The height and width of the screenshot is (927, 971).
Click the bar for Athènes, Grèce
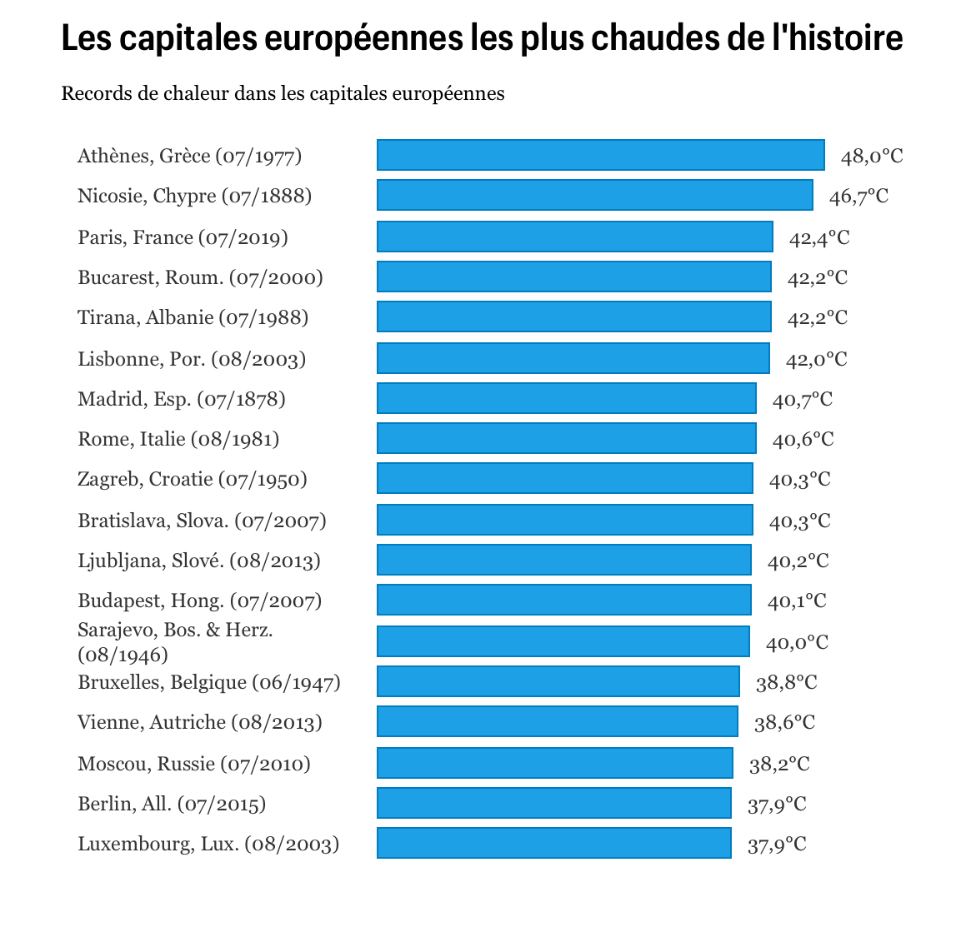pyautogui.click(x=600, y=155)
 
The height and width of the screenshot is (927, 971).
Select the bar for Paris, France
pyautogui.click(x=574, y=237)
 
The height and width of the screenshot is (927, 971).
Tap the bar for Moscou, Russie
pyautogui.click(x=554, y=763)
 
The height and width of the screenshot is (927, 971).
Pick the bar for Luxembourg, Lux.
pyautogui.click(x=553, y=843)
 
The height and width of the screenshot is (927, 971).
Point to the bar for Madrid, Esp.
pyautogui.click(x=566, y=398)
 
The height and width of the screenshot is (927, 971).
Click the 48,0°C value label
pyautogui.click(x=871, y=156)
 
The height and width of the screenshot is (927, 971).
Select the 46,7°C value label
pyautogui.click(x=858, y=196)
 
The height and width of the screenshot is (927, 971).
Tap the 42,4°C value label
pyautogui.click(x=819, y=237)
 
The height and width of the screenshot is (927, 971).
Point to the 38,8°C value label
pyautogui.click(x=786, y=682)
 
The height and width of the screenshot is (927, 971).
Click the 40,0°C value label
pyautogui.click(x=797, y=642)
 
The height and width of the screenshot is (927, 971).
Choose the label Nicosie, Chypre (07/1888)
pyautogui.click(x=194, y=196)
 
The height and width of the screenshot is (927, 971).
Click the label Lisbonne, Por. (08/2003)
pyautogui.click(x=192, y=359)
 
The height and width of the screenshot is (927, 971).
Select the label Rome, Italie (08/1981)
pyautogui.click(x=178, y=439)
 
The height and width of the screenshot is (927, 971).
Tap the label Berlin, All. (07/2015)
pyautogui.click(x=172, y=804)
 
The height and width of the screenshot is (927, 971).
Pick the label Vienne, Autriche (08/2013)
pyautogui.click(x=200, y=722)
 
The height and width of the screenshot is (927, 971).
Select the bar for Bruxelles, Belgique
pyautogui.click(x=558, y=681)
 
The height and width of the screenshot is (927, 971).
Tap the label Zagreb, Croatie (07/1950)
pyautogui.click(x=193, y=479)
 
